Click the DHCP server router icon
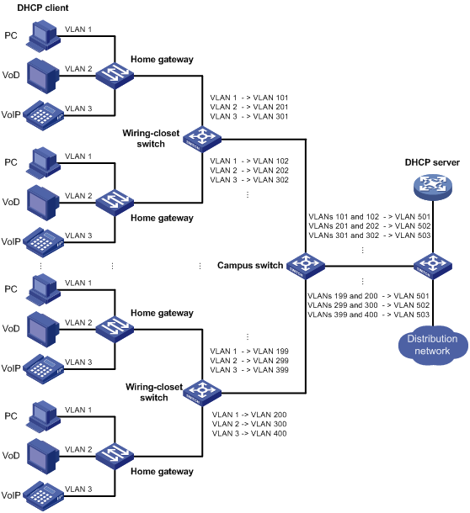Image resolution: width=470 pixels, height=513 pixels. [433, 187]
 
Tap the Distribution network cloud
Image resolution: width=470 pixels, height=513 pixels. [433, 345]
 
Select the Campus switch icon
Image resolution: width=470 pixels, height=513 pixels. [306, 266]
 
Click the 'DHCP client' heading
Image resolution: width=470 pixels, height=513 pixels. [43, 8]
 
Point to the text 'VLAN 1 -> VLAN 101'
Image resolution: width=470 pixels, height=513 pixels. [249, 98]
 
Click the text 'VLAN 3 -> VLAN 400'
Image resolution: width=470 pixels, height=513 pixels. [249, 433]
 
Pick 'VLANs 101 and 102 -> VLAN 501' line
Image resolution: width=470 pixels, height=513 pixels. [370, 217]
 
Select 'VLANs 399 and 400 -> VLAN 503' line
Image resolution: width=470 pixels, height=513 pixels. [368, 315]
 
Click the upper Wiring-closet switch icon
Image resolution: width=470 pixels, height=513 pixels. [202, 139]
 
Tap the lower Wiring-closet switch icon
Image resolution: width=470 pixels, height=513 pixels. [202, 393]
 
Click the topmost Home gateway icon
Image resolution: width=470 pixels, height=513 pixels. [115, 76]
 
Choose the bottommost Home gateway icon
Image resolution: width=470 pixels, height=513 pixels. [115, 456]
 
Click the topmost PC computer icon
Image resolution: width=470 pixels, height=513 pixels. [43, 36]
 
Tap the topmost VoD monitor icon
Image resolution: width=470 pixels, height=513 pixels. [43, 76]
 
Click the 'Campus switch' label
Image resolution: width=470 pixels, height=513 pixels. [250, 265]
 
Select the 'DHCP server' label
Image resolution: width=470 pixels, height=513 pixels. [432, 162]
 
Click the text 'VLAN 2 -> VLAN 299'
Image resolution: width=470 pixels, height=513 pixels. [249, 361]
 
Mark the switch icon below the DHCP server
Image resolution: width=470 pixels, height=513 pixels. [433, 266]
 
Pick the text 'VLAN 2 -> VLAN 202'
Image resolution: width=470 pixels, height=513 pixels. [249, 171]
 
